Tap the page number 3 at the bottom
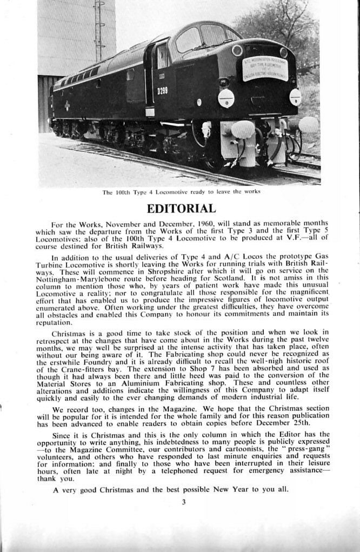pyautogui.click(x=183, y=502)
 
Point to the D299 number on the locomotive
pyautogui.click(x=162, y=91)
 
